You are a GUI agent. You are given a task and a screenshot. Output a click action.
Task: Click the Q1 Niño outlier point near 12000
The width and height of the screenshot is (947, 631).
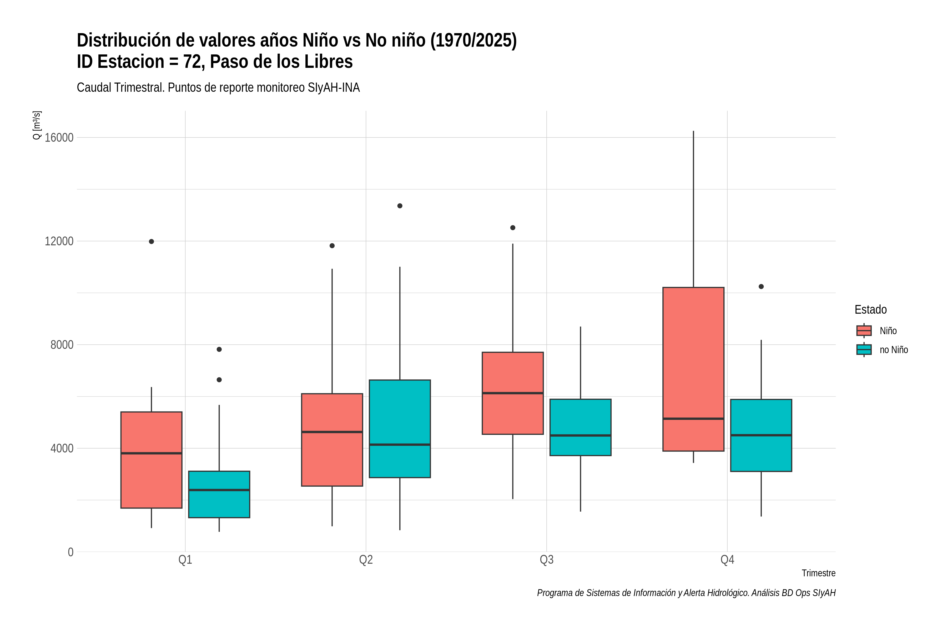point(152,241)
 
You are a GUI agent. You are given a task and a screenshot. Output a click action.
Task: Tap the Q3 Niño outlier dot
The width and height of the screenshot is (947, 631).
point(512,228)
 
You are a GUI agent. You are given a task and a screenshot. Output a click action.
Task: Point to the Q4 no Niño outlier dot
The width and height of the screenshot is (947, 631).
point(761,287)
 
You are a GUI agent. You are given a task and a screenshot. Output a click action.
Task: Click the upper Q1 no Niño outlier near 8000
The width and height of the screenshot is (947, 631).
point(219,349)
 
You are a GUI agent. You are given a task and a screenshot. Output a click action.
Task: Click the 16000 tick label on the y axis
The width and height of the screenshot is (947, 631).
point(59,138)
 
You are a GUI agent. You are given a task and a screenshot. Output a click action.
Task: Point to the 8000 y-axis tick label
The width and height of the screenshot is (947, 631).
point(62,345)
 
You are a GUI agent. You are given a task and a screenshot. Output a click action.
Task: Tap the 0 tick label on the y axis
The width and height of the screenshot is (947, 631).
point(71,552)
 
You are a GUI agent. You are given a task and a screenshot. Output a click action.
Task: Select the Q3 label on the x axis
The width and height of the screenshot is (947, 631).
point(546,560)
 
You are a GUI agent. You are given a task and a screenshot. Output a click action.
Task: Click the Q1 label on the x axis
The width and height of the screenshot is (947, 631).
point(185,560)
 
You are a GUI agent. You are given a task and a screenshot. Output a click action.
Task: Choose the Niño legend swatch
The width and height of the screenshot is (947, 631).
point(864,330)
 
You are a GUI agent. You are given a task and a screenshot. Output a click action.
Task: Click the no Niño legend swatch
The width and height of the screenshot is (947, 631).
point(864,349)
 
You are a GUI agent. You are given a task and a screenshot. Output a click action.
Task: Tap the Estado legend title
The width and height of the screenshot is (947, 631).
point(870,309)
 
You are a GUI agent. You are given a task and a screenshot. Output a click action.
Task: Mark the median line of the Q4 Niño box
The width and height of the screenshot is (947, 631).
point(693,419)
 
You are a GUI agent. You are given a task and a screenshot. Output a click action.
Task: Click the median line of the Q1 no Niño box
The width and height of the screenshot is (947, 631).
point(219,490)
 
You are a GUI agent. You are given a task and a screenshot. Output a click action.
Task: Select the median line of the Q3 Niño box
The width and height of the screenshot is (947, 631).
point(512,393)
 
